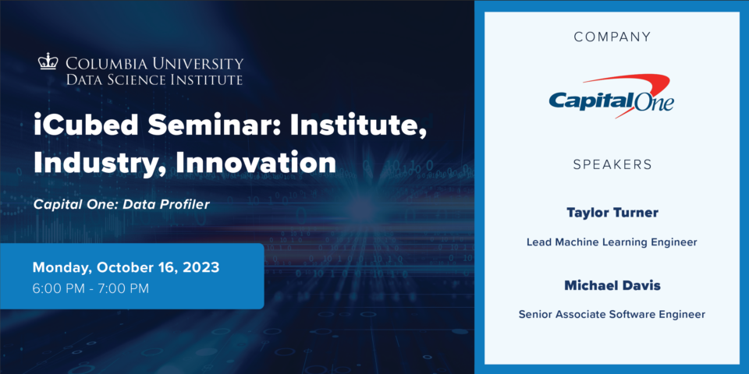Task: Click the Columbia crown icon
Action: click(x=48, y=62)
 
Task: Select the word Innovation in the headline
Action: click(x=256, y=162)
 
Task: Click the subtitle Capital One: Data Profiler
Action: click(x=122, y=205)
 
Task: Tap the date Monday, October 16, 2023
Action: click(x=126, y=267)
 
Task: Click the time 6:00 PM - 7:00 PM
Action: click(x=91, y=288)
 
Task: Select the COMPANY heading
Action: click(x=612, y=37)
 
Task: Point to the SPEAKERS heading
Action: click(x=612, y=165)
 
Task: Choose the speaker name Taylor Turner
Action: click(x=612, y=213)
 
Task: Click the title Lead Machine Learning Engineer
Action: click(x=612, y=242)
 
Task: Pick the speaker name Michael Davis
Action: click(x=612, y=286)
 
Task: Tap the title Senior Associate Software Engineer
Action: click(x=612, y=315)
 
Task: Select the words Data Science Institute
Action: click(x=154, y=79)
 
